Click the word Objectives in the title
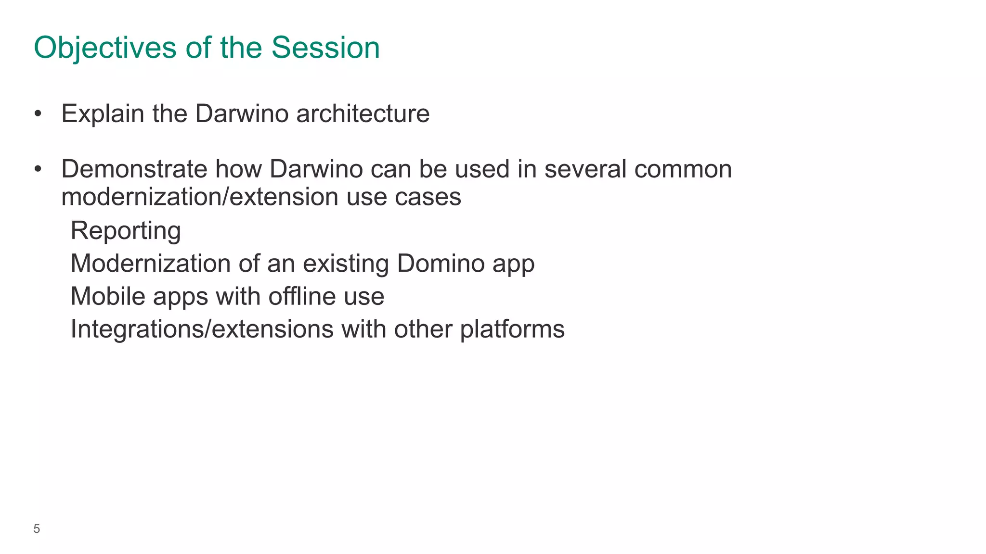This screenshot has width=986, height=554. pos(105,48)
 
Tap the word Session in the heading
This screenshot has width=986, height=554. pos(325,48)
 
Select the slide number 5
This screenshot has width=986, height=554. pos(37,529)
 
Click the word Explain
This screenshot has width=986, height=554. pos(103,114)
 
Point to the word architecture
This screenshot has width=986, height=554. pos(363,114)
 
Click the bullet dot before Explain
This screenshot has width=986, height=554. pos(38,114)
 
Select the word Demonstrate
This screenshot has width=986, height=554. pos(134,170)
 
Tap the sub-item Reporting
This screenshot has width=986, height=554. pos(126,231)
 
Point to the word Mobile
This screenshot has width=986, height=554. pos(108,296)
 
